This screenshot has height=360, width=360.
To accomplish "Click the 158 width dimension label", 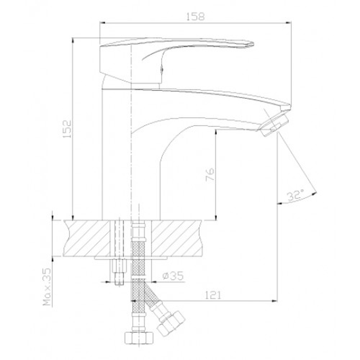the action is (x=195, y=17).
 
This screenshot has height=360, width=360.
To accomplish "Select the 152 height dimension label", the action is (x=67, y=129).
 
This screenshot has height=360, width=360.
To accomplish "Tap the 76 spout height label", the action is (x=210, y=175).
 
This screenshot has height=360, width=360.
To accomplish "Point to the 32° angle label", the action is (x=296, y=195).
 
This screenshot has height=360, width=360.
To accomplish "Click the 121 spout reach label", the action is (x=213, y=295).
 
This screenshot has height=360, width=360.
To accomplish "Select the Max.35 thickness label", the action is (x=47, y=287).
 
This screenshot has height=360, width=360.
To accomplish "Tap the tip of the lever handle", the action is (x=253, y=44).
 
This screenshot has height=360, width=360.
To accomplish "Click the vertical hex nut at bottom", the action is (x=139, y=338).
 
